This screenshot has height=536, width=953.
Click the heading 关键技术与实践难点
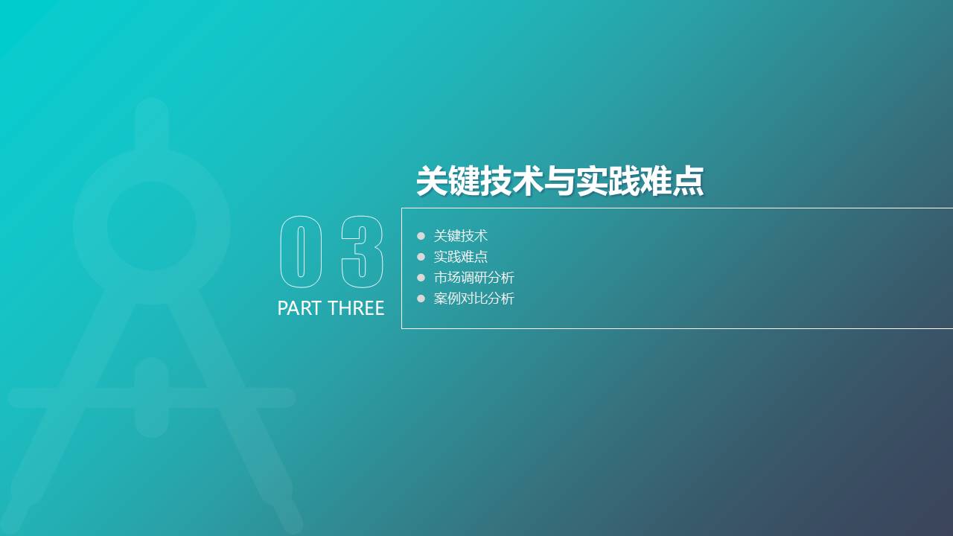click(x=559, y=181)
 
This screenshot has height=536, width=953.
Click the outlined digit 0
click(x=301, y=252)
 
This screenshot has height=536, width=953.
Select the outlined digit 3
click(x=362, y=252)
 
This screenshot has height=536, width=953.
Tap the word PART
click(x=299, y=308)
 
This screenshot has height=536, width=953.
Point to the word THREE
click(x=356, y=308)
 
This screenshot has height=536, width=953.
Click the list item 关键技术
click(x=461, y=236)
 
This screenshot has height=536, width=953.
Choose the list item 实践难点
click(x=461, y=257)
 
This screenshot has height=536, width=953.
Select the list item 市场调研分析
click(x=474, y=278)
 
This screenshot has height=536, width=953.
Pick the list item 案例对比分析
click(x=474, y=299)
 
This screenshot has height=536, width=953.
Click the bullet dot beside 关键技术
click(x=421, y=236)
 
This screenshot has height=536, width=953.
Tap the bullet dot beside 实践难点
click(x=421, y=257)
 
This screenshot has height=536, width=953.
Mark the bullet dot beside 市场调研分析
click(x=421, y=278)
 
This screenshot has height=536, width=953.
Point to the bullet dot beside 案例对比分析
click(x=421, y=299)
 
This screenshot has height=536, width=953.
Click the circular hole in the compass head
click(x=152, y=226)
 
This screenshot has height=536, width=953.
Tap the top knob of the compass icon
click(x=152, y=119)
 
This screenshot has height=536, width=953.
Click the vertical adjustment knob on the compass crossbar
click(x=152, y=398)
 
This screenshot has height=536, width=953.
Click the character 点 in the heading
click(x=686, y=181)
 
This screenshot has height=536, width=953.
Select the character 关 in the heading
click(x=433, y=181)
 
